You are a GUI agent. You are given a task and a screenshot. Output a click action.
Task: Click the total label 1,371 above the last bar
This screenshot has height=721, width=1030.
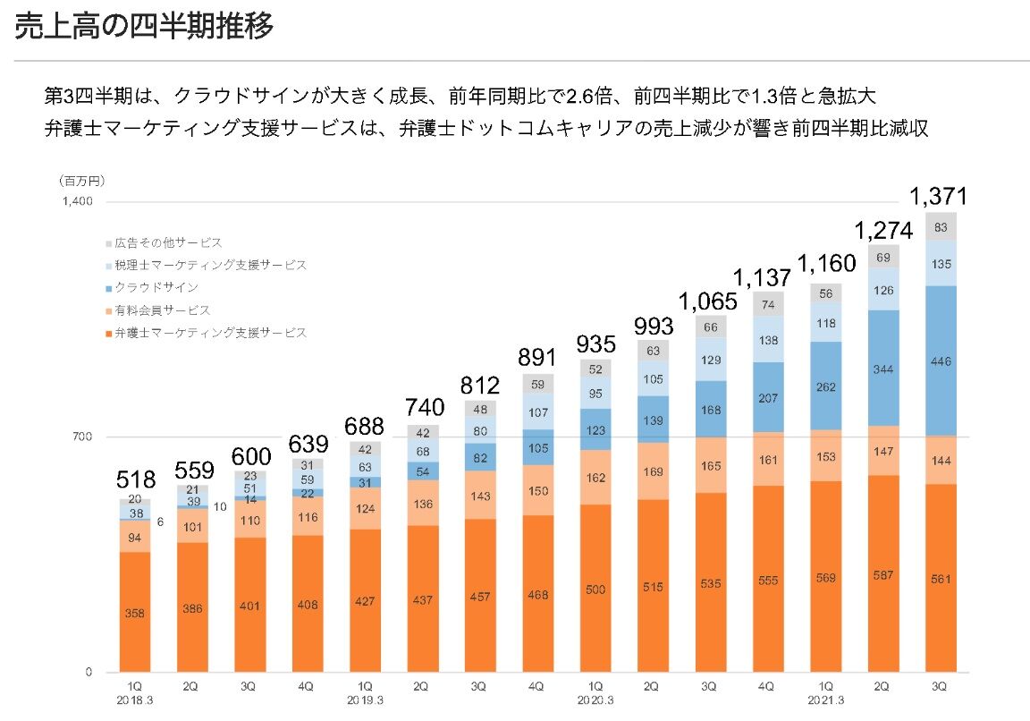(939, 197)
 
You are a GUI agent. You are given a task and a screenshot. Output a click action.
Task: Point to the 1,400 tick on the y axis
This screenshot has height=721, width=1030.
(77, 201)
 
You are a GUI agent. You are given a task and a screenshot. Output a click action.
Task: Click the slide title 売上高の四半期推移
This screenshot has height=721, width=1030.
(143, 27)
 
